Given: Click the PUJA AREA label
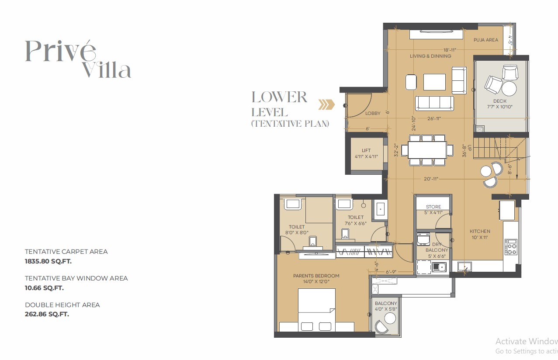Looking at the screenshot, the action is click(x=486, y=40).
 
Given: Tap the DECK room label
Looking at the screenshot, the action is click(x=500, y=101).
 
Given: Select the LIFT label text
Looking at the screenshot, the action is click(x=366, y=150).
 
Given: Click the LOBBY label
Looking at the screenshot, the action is click(x=373, y=113).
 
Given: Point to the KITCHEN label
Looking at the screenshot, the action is click(x=480, y=231).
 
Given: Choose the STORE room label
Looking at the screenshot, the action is click(x=433, y=207).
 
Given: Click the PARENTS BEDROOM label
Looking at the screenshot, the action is click(x=316, y=276).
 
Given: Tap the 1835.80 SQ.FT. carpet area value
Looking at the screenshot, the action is click(x=48, y=261).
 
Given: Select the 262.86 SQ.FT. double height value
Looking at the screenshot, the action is click(x=47, y=314).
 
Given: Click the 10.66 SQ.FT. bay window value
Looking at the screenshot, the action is click(x=44, y=288).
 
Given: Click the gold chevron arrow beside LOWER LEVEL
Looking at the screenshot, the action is click(x=326, y=105).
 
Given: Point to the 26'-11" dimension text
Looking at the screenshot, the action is click(x=434, y=118).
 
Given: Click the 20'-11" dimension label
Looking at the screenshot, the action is click(x=431, y=179).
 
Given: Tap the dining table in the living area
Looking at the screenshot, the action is click(x=427, y=150).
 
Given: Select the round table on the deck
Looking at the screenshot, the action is click(x=509, y=88).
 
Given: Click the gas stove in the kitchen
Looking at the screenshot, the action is click(x=511, y=247).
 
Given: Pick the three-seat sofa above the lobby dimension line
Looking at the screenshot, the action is click(x=434, y=103).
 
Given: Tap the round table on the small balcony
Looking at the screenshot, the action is click(x=390, y=318).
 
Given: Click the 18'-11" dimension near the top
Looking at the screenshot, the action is click(x=450, y=50).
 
